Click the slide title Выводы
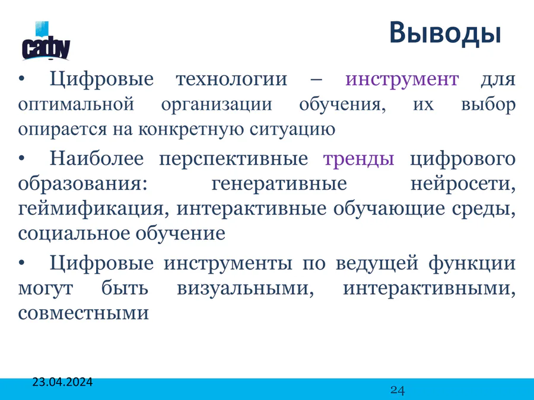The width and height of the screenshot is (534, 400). click(445, 34)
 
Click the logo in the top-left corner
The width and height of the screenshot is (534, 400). click(46, 41)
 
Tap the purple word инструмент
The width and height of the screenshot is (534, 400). click(402, 79)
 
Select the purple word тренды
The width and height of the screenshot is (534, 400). click(358, 159)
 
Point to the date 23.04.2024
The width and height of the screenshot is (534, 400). click(62, 382)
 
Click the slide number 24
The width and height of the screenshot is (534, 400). click(398, 390)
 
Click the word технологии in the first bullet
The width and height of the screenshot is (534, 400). click(231, 79)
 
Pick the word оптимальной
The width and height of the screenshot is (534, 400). click(76, 104)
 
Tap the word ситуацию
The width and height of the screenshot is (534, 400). click(292, 130)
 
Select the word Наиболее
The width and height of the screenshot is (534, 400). click(97, 158)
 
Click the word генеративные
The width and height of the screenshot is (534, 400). click(279, 184)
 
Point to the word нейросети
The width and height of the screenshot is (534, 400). click(462, 184)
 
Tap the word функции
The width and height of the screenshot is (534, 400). click(472, 264)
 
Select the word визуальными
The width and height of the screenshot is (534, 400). click(245, 289)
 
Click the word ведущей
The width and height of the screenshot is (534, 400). click(377, 264)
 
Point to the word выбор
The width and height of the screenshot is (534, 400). click(488, 104)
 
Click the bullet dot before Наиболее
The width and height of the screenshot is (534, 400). click(22, 159)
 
